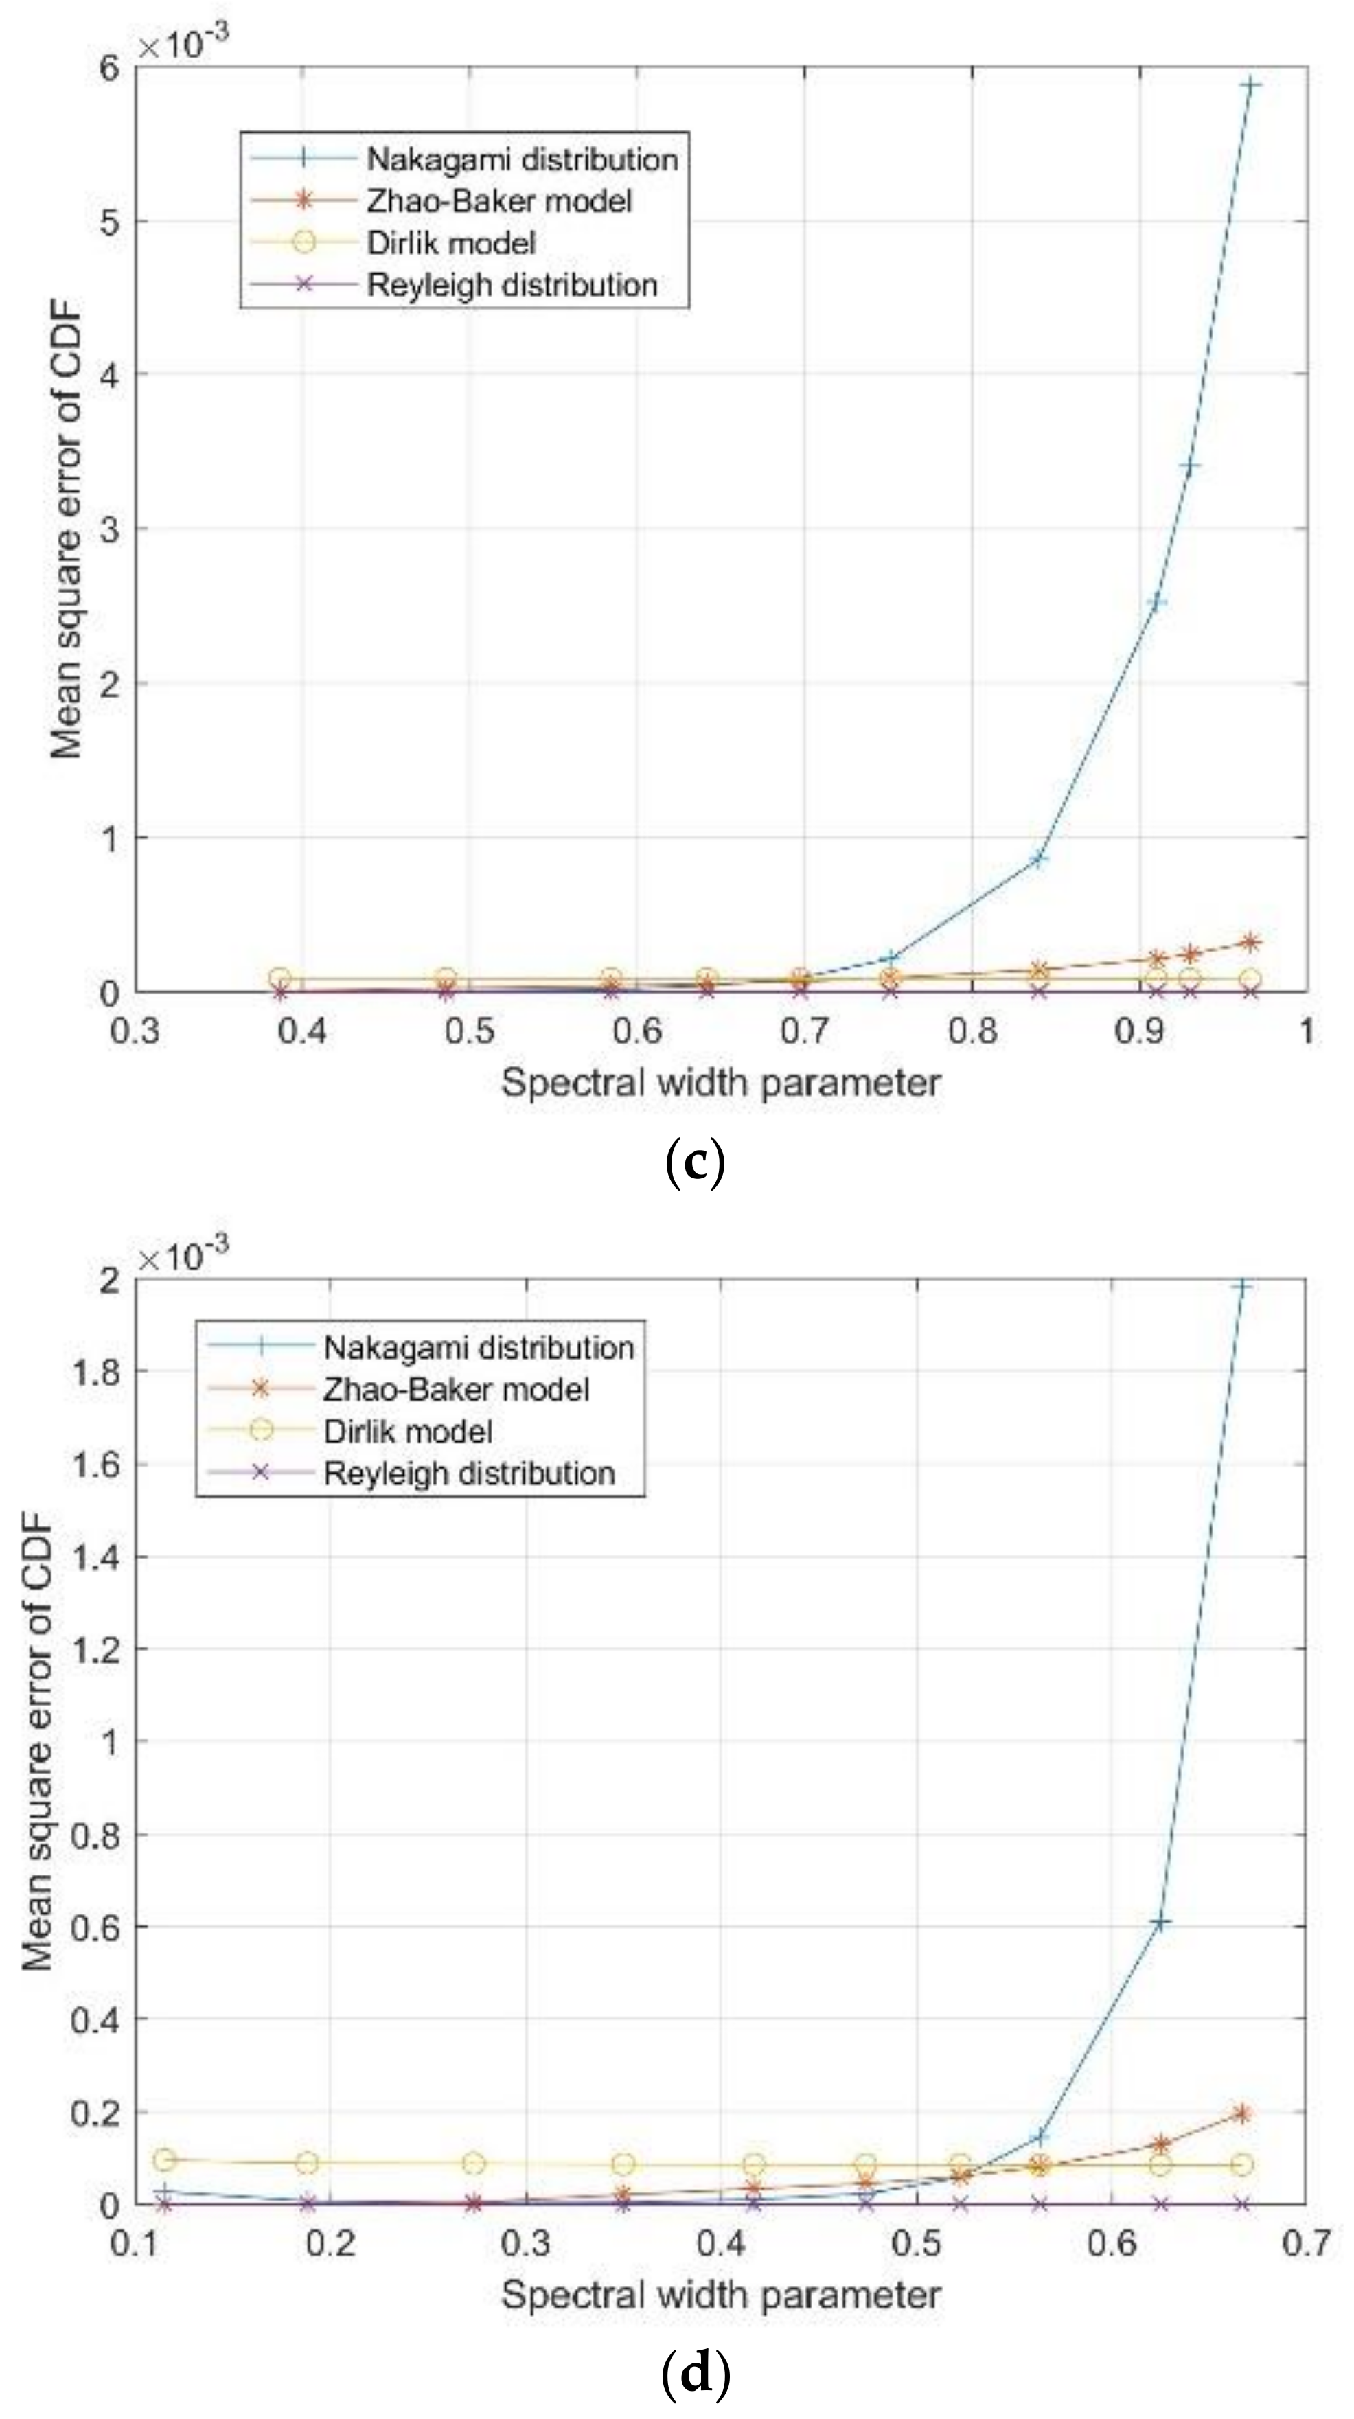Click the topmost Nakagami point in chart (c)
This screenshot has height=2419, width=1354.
pos(1250,85)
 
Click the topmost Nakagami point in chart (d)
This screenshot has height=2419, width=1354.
pos(1242,1287)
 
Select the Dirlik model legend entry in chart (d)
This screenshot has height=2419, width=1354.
pos(408,1431)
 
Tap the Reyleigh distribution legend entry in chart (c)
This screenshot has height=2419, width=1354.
pos(512,284)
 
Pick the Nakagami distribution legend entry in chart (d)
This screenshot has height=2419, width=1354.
pos(478,1348)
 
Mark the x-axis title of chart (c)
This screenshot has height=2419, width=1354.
pos(720,1083)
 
